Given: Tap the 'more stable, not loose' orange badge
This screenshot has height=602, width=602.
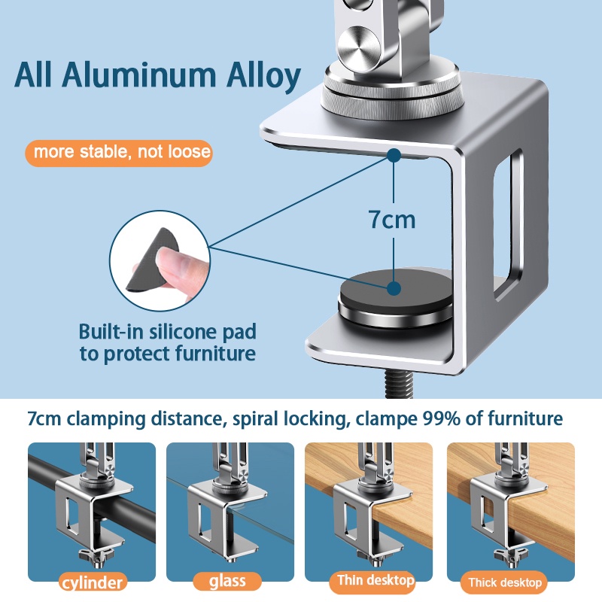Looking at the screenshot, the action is pyautogui.click(x=119, y=153).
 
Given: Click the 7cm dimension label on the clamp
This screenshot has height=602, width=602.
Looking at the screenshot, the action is pyautogui.click(x=392, y=219).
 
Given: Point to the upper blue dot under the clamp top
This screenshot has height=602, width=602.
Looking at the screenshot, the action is pyautogui.click(x=394, y=155).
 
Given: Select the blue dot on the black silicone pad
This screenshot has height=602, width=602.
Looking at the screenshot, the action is pyautogui.click(x=394, y=288).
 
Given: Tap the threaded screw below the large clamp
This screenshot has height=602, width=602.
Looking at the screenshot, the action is pyautogui.click(x=398, y=386).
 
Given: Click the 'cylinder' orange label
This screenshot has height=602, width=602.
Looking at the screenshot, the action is pyautogui.click(x=92, y=582).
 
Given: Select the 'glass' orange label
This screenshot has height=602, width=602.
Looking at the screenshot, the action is pyautogui.click(x=227, y=581).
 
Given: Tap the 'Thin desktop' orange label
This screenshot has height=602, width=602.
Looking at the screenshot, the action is pyautogui.click(x=375, y=580).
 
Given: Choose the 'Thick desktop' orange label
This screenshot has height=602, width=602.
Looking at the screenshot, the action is pyautogui.click(x=504, y=582).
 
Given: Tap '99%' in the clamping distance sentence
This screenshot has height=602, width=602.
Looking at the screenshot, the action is pyautogui.click(x=441, y=418).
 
